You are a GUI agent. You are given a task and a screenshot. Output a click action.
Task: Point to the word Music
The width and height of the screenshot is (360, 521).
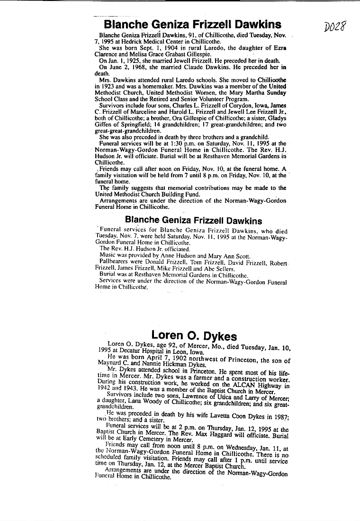point(108,255)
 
